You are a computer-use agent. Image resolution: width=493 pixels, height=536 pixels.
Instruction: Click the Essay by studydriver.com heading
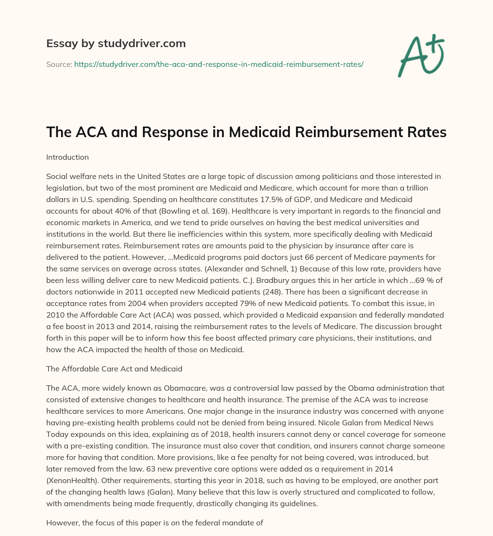(116, 44)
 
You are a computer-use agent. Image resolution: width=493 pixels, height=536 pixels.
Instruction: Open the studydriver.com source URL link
(219, 64)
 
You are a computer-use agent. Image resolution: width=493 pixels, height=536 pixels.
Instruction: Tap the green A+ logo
(420, 55)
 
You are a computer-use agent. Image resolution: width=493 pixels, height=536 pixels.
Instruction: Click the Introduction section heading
(67, 157)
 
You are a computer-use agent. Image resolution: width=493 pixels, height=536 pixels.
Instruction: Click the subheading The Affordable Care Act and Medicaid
(114, 369)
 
